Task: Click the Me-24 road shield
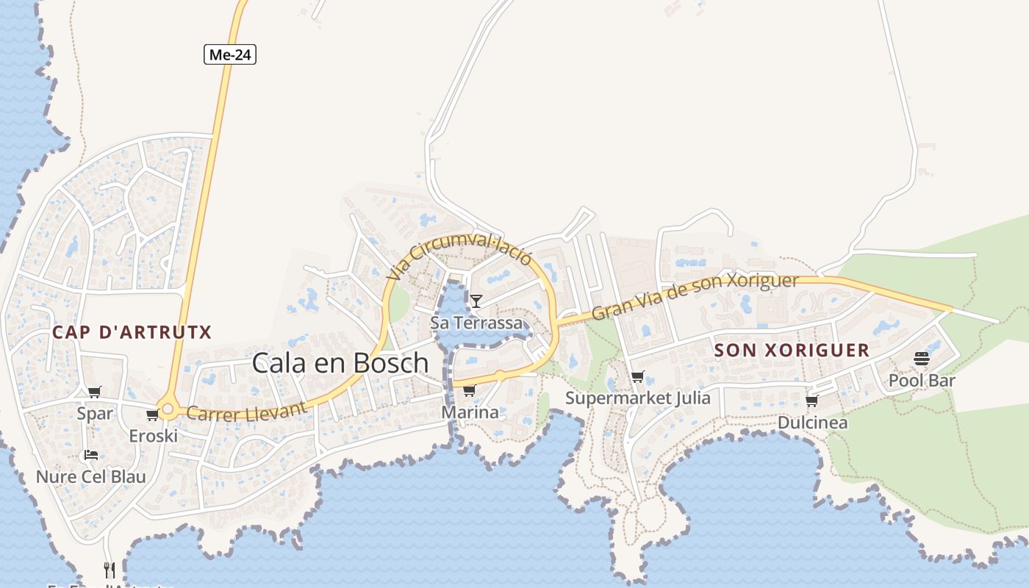pyautogui.click(x=230, y=54)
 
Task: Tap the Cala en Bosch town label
pyautogui.click(x=340, y=362)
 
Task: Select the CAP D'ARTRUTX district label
pyautogui.click(x=132, y=332)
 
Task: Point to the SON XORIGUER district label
pyautogui.click(x=792, y=350)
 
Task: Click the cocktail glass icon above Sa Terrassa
pyautogui.click(x=476, y=301)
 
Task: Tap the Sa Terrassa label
pyautogui.click(x=476, y=323)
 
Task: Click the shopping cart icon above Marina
pyautogui.click(x=469, y=390)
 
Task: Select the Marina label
pyautogui.click(x=470, y=412)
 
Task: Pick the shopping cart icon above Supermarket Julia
pyautogui.click(x=637, y=377)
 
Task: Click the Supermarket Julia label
pyautogui.click(x=637, y=398)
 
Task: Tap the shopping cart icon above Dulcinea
pyautogui.click(x=811, y=401)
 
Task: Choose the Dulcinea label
pyautogui.click(x=812, y=423)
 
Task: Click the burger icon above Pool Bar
pyautogui.click(x=922, y=359)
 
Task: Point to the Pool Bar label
pyautogui.click(x=922, y=381)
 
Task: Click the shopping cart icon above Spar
pyautogui.click(x=94, y=392)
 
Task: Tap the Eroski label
pyautogui.click(x=153, y=436)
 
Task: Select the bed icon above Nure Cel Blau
pyautogui.click(x=91, y=455)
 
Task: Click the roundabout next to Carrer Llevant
pyautogui.click(x=168, y=409)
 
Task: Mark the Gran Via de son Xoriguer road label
pyautogui.click(x=695, y=296)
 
